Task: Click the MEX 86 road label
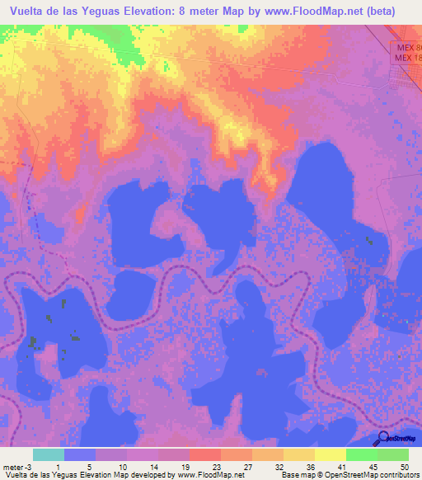(x=406, y=49)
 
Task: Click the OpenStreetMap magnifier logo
(x=383, y=439)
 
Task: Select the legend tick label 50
(x=403, y=467)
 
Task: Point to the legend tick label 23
(x=216, y=467)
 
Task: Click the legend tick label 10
(x=122, y=467)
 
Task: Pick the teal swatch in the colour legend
(x=48, y=454)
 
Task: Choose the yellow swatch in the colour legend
(x=330, y=454)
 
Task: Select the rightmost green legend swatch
(x=393, y=454)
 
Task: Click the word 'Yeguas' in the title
(x=127, y=12)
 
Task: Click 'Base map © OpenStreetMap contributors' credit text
(x=349, y=475)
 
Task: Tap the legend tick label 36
(x=309, y=467)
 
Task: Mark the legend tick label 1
(x=59, y=467)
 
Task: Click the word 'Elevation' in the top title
(x=180, y=12)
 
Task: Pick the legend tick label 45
(x=372, y=467)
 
